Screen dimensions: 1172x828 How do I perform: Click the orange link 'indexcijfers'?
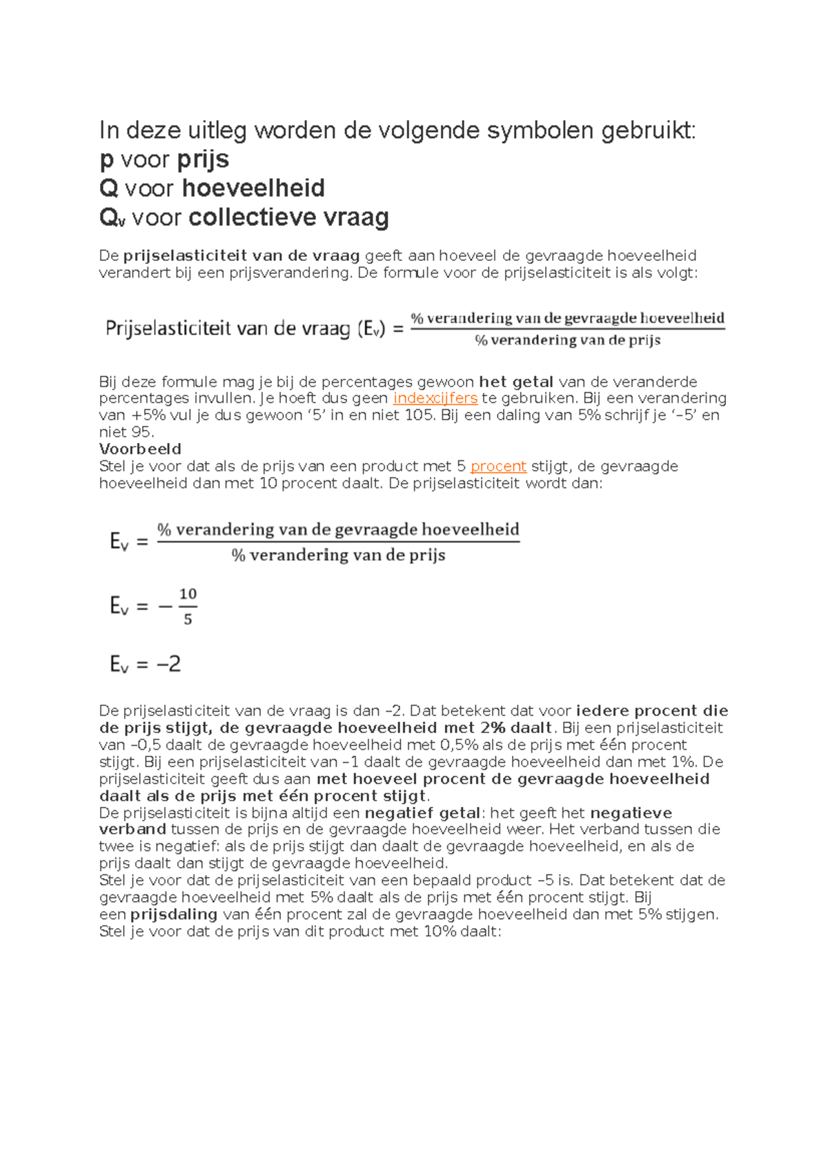click(x=435, y=398)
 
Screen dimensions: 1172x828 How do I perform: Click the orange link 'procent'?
click(x=498, y=467)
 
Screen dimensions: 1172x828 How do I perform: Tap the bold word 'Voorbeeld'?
click(x=140, y=449)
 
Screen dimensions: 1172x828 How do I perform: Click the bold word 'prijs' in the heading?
click(x=203, y=160)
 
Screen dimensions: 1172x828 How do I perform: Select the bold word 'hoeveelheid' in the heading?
click(x=253, y=188)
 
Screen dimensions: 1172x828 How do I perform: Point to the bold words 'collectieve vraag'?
click(x=288, y=218)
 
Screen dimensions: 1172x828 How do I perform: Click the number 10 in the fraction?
click(x=188, y=594)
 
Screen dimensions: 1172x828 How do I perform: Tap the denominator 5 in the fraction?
click(x=188, y=620)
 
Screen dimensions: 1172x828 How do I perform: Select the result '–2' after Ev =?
click(x=168, y=664)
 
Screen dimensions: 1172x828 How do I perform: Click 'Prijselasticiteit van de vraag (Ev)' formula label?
click(x=244, y=329)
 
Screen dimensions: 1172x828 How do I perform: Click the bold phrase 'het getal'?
click(x=516, y=382)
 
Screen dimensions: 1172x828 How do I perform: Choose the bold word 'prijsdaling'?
click(x=174, y=915)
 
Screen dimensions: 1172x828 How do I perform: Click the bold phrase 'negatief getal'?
click(x=422, y=813)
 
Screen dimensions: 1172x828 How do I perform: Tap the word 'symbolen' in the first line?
click(x=540, y=130)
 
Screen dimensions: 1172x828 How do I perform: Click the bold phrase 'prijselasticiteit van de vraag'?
click(x=241, y=256)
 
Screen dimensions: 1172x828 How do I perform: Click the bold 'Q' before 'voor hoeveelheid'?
click(x=109, y=188)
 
